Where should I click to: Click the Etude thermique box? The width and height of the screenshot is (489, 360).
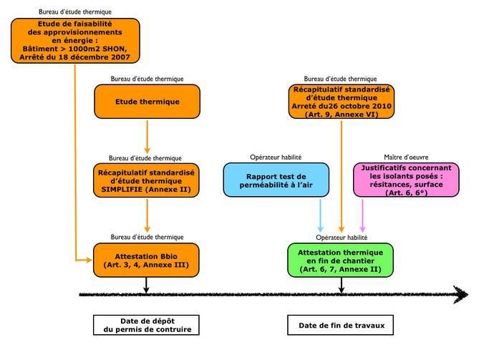tap(147, 102)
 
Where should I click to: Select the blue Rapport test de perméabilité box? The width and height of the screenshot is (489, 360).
tap(276, 180)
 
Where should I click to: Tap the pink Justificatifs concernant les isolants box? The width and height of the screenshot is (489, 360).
tap(406, 180)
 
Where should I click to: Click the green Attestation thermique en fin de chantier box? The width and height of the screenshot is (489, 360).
tap(340, 261)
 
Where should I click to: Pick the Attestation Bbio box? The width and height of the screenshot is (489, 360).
tap(146, 261)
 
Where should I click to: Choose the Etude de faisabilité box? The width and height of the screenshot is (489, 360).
tap(75, 41)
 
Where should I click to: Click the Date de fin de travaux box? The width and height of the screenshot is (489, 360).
tap(340, 325)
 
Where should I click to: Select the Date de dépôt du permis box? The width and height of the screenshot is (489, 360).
tap(146, 325)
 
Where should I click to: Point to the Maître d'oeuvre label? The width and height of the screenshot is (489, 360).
tap(406, 157)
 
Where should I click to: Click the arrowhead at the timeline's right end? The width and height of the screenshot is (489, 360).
tap(461, 295)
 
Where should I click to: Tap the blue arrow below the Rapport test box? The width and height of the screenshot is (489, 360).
tap(320, 215)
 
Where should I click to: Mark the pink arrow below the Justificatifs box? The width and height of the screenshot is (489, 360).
tap(362, 215)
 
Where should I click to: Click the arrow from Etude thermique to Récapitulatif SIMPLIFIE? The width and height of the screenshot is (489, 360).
tap(147, 137)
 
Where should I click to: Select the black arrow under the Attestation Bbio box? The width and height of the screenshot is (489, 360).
tap(146, 285)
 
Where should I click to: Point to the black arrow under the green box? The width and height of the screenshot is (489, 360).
tap(342, 285)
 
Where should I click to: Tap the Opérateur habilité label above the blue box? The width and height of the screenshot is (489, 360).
tap(276, 157)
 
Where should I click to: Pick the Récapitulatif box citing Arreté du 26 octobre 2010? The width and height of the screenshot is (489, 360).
tap(342, 102)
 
